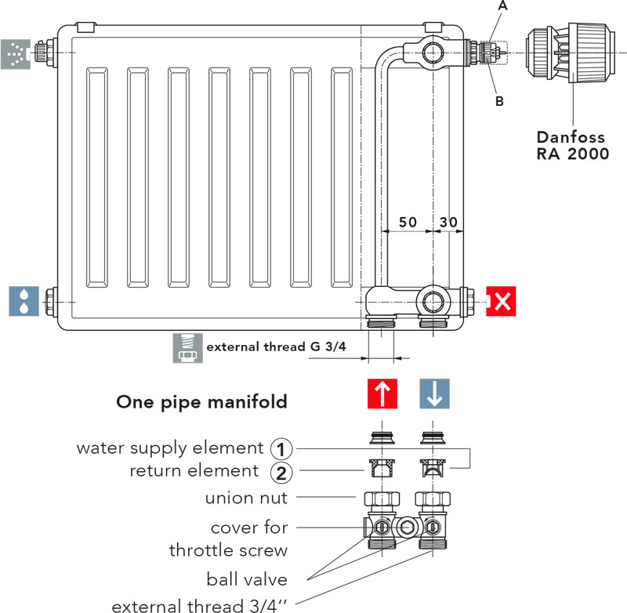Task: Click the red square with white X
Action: (501, 301)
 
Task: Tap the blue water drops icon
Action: (23, 301)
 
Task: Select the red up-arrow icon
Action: (382, 394)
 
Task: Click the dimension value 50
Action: (408, 222)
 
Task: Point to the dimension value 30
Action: (448, 222)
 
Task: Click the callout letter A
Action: (502, 5)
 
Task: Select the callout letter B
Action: (499, 101)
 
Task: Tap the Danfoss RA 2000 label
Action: (572, 145)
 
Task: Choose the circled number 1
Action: (281, 448)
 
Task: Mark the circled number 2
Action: (281, 472)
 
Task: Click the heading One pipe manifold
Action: (201, 402)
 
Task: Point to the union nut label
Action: (246, 498)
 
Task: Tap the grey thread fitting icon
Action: (185, 348)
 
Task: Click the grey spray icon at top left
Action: (14, 52)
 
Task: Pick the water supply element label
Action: (169, 448)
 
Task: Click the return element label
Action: (194, 471)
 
